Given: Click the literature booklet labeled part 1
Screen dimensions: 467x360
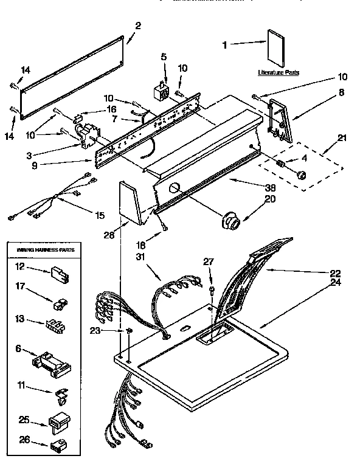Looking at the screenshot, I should tap(275, 49).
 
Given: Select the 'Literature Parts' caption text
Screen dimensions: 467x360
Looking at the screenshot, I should tap(278, 72).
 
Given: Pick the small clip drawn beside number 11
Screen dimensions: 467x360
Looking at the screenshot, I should tap(61, 396).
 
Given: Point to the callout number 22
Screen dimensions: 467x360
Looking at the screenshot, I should tap(335, 273).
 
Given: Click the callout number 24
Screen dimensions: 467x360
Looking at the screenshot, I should tap(335, 282).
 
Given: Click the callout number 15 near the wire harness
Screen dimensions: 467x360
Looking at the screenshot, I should tap(99, 215).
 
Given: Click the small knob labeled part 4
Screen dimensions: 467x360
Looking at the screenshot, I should tap(300, 175).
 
